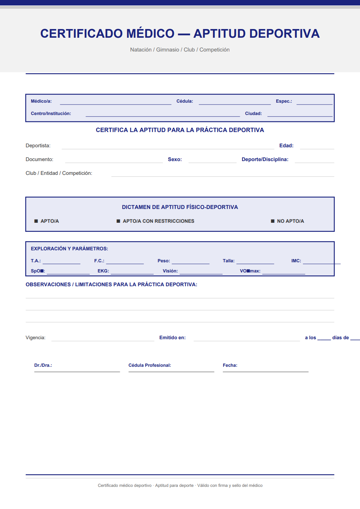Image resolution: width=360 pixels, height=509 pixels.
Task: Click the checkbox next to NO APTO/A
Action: click(273, 221)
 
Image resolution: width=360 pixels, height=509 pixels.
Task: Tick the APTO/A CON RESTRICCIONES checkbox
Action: click(118, 221)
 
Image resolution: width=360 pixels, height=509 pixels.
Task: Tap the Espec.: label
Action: click(284, 101)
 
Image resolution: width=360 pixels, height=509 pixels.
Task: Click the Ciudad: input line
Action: click(300, 115)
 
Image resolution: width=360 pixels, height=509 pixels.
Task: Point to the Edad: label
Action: click(286, 145)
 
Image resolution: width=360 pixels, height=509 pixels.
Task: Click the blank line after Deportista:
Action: click(168, 147)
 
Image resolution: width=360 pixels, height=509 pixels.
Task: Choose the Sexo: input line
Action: click(212, 161)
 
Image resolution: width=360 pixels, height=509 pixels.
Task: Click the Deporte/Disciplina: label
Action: click(265, 159)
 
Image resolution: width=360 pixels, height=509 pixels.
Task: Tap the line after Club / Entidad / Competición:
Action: click(222, 175)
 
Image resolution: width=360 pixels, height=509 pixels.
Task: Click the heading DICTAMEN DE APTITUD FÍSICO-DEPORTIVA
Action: click(180, 207)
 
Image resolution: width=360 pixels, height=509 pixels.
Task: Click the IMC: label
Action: click(296, 261)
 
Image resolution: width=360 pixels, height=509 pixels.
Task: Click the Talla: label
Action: click(229, 261)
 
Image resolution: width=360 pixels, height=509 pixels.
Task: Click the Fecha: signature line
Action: click(265, 370)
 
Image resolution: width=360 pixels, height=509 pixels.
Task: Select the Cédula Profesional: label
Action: click(150, 365)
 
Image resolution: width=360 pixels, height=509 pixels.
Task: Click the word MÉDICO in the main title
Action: click(150, 33)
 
